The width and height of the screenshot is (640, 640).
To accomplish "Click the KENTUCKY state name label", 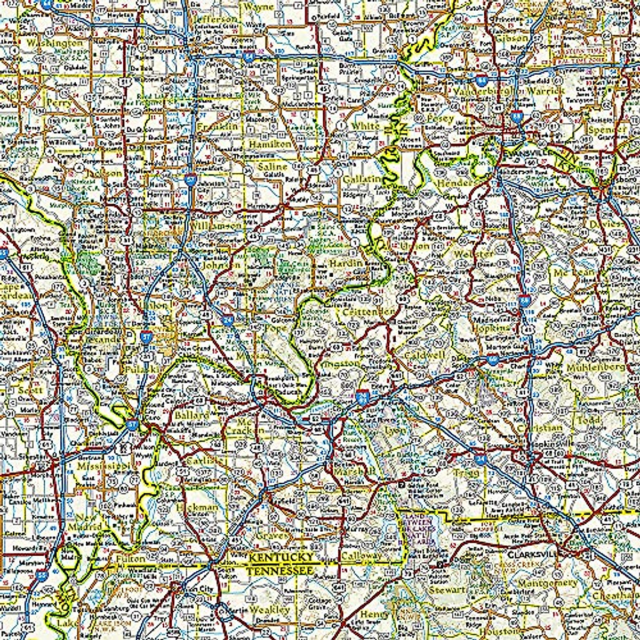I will click(282, 557).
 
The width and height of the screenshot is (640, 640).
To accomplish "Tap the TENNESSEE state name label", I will click(278, 571).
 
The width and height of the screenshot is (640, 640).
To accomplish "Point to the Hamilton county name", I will click(270, 144).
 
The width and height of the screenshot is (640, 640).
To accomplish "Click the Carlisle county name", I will click(203, 460).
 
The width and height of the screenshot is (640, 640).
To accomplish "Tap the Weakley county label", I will click(270, 609).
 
